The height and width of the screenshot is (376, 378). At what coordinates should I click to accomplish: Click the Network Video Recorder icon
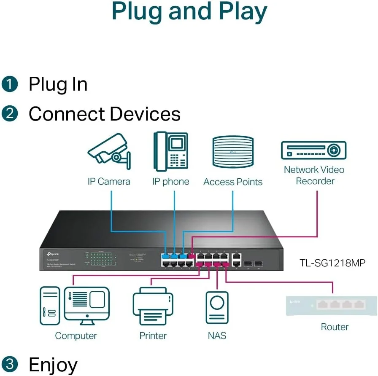(313, 150)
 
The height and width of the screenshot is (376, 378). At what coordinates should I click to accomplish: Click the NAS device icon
(217, 307)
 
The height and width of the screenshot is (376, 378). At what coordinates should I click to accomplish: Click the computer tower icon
(50, 306)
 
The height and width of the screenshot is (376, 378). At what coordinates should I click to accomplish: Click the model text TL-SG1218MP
(332, 263)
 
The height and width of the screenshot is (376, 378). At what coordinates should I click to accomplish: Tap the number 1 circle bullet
(10, 84)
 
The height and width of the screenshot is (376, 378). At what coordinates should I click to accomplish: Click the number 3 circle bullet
(10, 364)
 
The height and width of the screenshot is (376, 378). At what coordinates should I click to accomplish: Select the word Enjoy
(53, 364)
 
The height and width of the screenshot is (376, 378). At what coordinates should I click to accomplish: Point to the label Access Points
(233, 182)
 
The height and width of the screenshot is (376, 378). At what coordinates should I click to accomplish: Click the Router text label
(335, 327)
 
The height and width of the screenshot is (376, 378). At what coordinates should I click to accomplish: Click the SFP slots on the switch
(253, 263)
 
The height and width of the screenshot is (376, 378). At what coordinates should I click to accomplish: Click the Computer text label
(76, 336)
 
